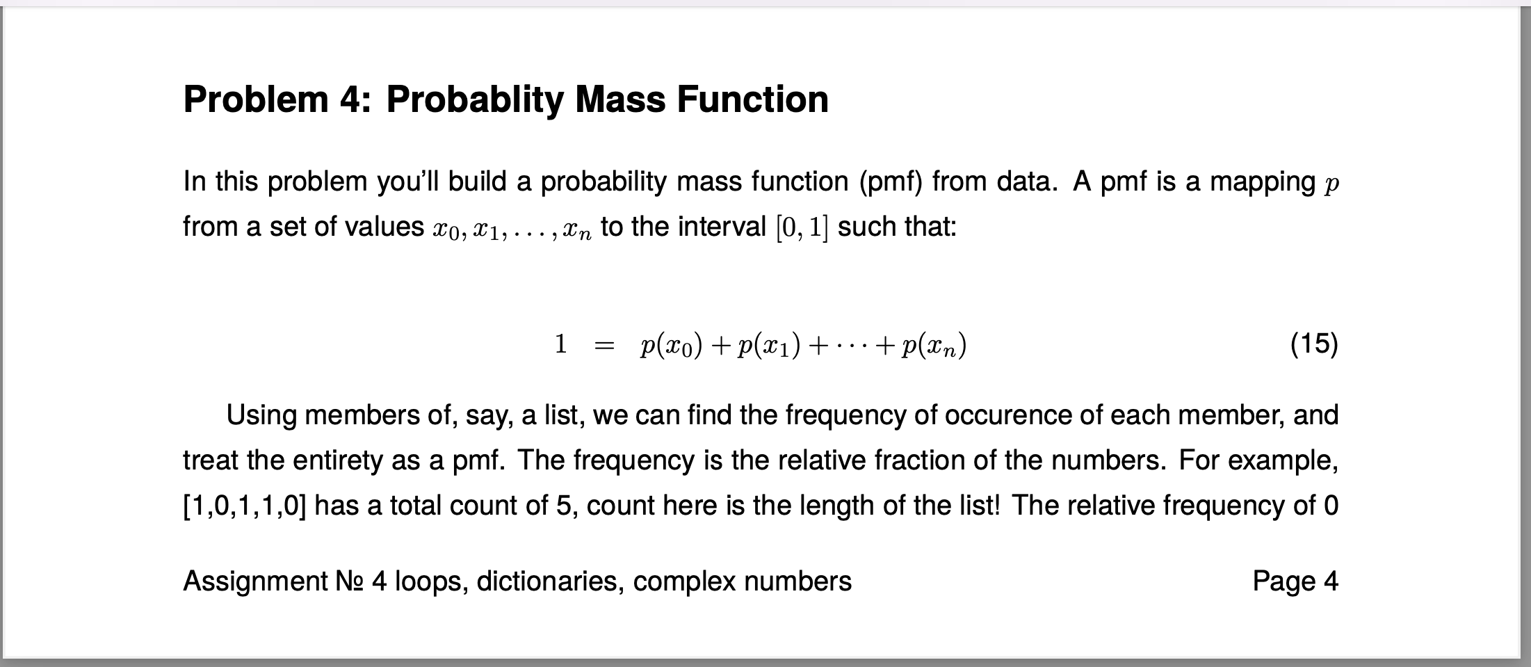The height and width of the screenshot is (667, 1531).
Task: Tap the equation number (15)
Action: pyautogui.click(x=1313, y=344)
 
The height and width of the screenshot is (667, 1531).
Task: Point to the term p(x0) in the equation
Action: pyautogui.click(x=671, y=345)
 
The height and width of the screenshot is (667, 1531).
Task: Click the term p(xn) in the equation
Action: pyautogui.click(x=933, y=345)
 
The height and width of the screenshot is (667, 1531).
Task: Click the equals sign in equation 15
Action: pyautogui.click(x=605, y=346)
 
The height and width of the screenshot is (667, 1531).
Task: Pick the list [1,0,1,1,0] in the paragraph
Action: pyautogui.click(x=244, y=506)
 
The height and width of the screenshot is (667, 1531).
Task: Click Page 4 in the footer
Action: pyautogui.click(x=1295, y=581)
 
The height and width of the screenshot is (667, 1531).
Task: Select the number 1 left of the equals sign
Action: pyautogui.click(x=560, y=344)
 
